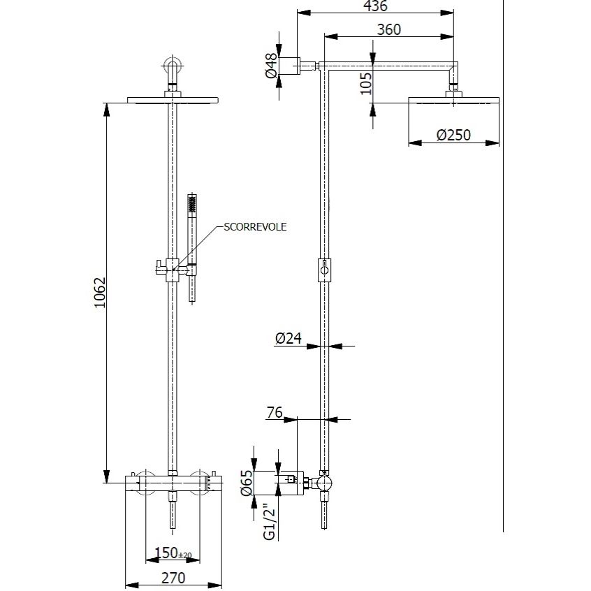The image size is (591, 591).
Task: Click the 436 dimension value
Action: tap(375, 6)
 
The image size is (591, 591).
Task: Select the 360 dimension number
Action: tap(388, 29)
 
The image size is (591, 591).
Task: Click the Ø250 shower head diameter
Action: tap(453, 135)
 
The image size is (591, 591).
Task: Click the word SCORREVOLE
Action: tap(255, 227)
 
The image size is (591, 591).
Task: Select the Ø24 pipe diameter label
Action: tap(288, 339)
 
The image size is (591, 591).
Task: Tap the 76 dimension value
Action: tap(274, 412)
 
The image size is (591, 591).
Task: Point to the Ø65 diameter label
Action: tap(246, 483)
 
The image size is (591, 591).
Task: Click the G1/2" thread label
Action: tap(268, 523)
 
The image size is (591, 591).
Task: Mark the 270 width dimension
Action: tap(173, 578)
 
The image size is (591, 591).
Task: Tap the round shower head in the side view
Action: tap(453, 102)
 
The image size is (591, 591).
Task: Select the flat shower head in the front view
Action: tap(173, 100)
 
